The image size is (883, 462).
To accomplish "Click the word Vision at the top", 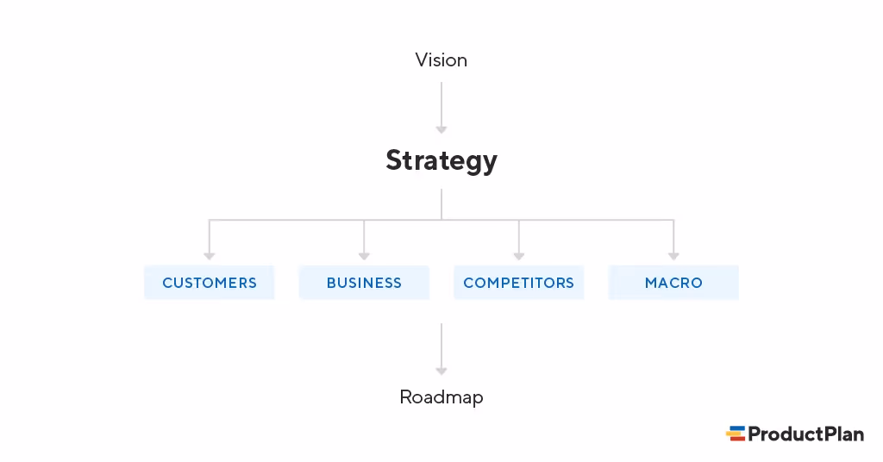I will click(x=441, y=60).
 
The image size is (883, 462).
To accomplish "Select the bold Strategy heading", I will click(x=441, y=161).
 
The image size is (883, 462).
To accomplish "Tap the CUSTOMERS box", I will click(x=210, y=283).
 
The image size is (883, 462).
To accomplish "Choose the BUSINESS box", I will click(x=364, y=283).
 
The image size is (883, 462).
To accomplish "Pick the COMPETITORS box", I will click(x=518, y=283).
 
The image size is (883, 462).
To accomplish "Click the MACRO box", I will click(x=673, y=283).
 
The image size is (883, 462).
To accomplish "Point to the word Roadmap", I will click(x=441, y=397).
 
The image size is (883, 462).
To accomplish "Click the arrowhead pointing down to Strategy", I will click(x=441, y=129).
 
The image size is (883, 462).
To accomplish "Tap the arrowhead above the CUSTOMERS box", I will click(x=210, y=255).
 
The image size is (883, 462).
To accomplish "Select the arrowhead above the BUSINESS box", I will click(x=364, y=255).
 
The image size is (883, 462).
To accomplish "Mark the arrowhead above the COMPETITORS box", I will click(x=518, y=255).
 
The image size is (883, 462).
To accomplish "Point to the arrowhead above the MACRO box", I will click(x=673, y=255).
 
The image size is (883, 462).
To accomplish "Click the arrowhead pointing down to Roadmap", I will click(x=441, y=371).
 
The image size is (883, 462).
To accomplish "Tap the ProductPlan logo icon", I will click(x=736, y=434).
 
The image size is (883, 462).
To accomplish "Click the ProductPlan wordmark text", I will click(x=805, y=434).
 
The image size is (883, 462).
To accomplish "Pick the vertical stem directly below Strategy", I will click(x=441, y=204).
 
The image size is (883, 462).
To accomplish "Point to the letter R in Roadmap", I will click(x=406, y=397).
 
